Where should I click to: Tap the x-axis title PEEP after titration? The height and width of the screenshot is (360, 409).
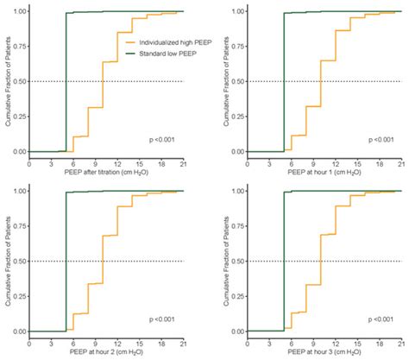click(106, 171)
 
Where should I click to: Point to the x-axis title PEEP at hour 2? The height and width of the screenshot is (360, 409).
click(106, 351)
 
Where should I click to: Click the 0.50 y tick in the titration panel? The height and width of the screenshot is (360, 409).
click(16, 82)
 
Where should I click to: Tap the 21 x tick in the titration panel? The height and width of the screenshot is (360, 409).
click(183, 161)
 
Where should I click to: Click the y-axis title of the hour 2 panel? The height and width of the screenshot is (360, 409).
click(5, 261)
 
